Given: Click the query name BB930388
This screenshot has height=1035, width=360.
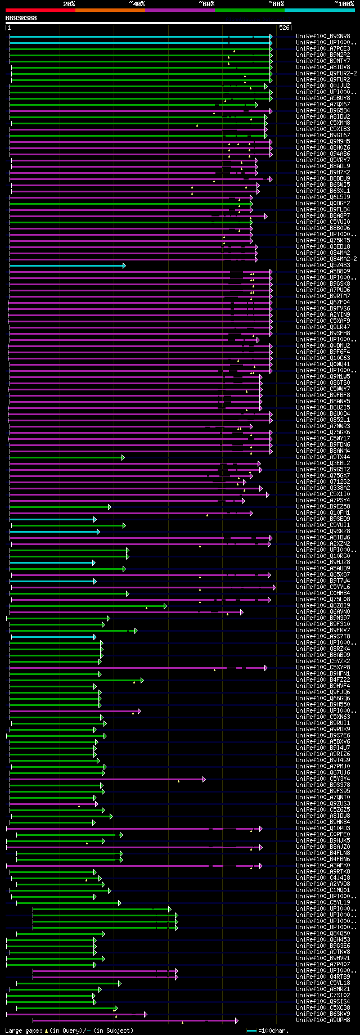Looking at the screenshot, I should click(21, 18).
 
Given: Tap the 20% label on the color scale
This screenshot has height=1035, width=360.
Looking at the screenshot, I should click(69, 4).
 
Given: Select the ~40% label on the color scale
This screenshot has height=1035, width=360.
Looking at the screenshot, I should click(137, 4).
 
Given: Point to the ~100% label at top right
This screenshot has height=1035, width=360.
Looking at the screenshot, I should click(344, 4).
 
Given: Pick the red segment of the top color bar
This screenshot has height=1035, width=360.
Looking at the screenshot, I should click(40, 10).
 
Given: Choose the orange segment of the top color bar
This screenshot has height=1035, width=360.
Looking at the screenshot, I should click(110, 10).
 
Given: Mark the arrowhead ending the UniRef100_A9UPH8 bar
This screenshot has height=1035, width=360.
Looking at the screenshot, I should click(237, 1020).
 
